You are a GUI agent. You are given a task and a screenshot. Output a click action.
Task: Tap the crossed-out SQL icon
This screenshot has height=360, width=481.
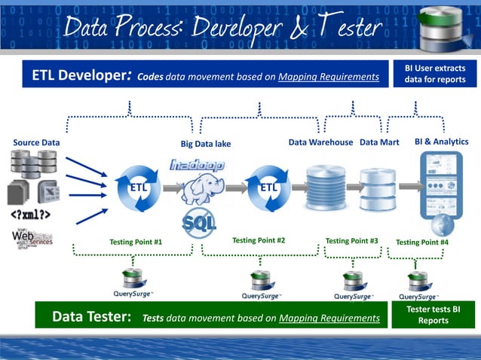[x=200, y=224]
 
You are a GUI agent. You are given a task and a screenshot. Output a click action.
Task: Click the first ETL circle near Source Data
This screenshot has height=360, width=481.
[x=137, y=186]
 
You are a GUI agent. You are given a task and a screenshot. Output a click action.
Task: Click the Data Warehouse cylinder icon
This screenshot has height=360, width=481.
[x=326, y=188]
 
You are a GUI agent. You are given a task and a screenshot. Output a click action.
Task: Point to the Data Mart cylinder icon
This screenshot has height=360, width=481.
[x=377, y=188]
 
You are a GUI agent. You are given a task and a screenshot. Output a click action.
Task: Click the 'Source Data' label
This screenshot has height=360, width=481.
[x=36, y=142]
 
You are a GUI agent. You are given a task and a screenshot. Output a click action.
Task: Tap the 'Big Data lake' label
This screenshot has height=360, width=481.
[x=205, y=144]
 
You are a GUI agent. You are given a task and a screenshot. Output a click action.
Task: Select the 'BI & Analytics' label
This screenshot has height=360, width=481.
[x=441, y=142]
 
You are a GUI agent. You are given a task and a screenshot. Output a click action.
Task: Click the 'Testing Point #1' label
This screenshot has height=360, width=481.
[x=136, y=242]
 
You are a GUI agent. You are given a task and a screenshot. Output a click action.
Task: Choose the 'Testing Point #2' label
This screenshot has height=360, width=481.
[x=259, y=241]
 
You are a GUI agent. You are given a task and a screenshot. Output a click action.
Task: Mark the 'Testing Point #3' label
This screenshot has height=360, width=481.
[x=351, y=241]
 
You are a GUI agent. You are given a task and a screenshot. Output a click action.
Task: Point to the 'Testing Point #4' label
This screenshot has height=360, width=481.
[x=422, y=242]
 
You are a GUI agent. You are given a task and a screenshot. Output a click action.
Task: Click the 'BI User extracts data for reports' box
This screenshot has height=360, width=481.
[x=435, y=74]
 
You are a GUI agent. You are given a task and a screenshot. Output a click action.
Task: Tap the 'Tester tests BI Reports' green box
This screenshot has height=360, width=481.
[x=434, y=315]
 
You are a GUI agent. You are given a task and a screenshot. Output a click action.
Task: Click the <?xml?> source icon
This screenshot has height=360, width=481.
[x=30, y=215]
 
